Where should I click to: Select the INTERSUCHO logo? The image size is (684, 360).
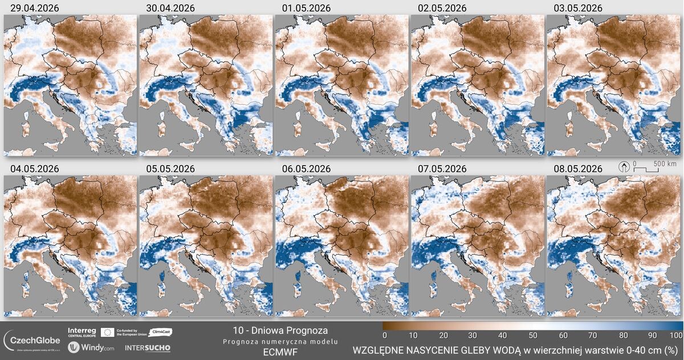[147, 347]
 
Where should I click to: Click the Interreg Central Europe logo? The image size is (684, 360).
[82, 332]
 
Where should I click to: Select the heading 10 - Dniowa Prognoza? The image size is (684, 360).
[280, 330]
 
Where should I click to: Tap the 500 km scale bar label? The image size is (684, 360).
[665, 164]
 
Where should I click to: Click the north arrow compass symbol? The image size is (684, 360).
[625, 167]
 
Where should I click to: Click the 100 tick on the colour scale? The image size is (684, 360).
[676, 335]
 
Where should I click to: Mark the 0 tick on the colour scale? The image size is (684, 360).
[385, 335]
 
